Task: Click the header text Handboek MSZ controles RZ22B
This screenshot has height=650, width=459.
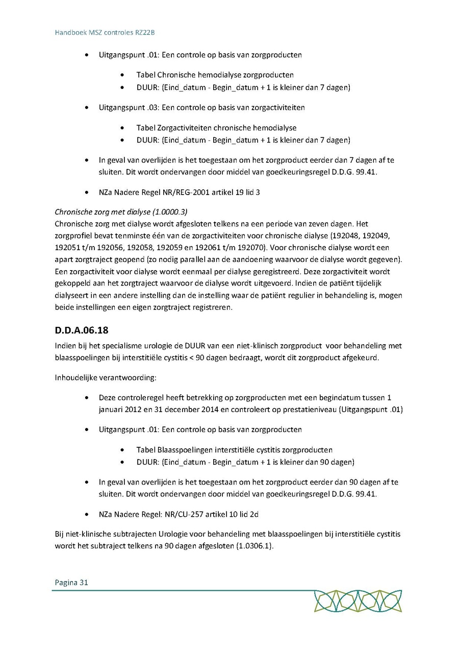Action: point(105,32)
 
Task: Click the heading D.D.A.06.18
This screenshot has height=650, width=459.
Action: point(81,329)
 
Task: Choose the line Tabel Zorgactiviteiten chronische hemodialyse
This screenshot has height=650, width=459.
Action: point(216,128)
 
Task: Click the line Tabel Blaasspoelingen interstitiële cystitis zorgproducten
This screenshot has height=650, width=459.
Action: point(234,450)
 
